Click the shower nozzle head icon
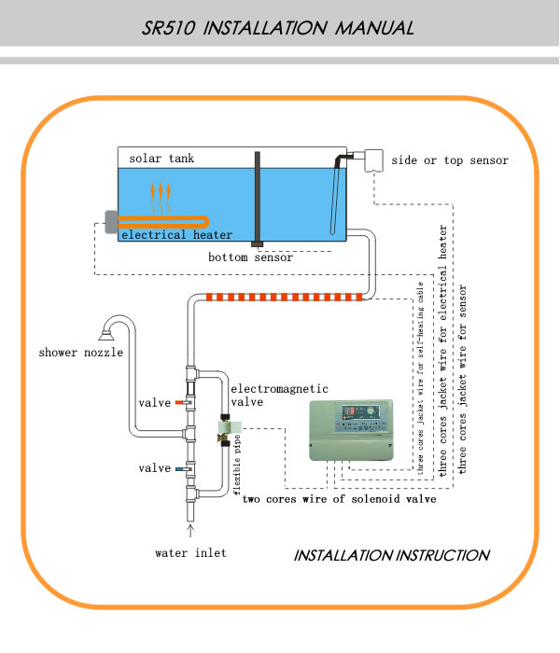point(107,334)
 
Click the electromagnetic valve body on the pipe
point(226,430)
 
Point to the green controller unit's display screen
point(361,412)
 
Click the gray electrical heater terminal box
point(111,222)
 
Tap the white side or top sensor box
point(373,160)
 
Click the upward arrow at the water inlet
point(190,531)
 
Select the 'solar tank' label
point(161,159)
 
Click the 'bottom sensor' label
point(250,257)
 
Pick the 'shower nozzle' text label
point(81,353)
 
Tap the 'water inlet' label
point(190,552)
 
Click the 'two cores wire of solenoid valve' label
point(340,498)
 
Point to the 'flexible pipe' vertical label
point(237,465)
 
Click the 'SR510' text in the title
point(168,28)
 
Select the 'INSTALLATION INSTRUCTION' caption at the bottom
point(392,555)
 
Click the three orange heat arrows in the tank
point(161,198)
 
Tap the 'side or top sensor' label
point(450,160)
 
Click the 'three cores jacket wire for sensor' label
point(463,379)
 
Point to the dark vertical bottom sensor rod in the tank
point(258,199)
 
